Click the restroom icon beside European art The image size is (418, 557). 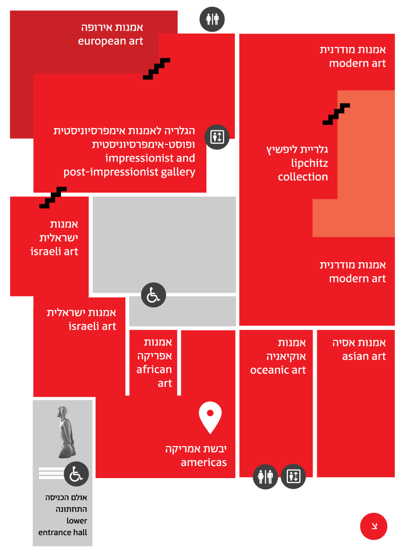tap(212, 19)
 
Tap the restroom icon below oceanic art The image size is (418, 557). tap(265, 477)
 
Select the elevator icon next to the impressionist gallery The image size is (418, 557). tap(217, 137)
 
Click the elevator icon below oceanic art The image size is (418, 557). tap(293, 476)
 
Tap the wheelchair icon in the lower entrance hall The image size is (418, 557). tap(76, 474)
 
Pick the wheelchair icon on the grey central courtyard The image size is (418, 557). tap(153, 295)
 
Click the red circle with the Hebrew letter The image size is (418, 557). tap(373, 526)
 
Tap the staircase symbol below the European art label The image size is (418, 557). tap(157, 69)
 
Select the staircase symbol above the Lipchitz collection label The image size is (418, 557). tap(336, 114)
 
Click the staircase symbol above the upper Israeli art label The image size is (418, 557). tap(53, 197)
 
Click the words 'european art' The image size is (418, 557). tap(111, 41)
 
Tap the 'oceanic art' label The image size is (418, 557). tap(278, 370)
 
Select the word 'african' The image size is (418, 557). tap(154, 369)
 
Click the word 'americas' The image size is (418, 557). tap(203, 462)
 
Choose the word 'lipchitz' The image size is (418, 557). tap(309, 163)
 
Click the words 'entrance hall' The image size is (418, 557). tap(62, 532)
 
